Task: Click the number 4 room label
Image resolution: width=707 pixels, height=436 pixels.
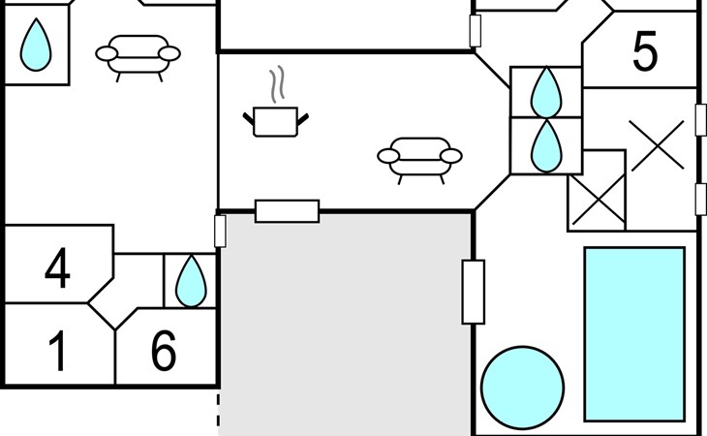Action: pyautogui.click(x=58, y=267)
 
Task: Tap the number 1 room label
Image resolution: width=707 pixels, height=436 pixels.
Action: pyautogui.click(x=58, y=351)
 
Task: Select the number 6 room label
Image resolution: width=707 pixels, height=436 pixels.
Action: pyautogui.click(x=164, y=351)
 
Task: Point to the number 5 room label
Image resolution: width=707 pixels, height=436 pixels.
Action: pyautogui.click(x=645, y=51)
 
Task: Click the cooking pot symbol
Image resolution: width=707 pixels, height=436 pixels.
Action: pyautogui.click(x=275, y=121)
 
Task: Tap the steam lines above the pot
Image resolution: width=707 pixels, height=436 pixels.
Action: pyautogui.click(x=278, y=84)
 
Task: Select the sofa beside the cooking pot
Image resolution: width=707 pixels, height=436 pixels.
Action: pyautogui.click(x=419, y=160)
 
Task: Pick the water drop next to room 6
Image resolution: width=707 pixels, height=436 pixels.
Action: pyautogui.click(x=191, y=281)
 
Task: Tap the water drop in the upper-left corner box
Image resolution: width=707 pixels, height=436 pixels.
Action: pyautogui.click(x=36, y=45)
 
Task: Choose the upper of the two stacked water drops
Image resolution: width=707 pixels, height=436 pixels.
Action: pyautogui.click(x=546, y=92)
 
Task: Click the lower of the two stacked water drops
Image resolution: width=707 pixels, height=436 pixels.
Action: pyautogui.click(x=546, y=146)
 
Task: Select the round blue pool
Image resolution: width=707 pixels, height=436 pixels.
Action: pyautogui.click(x=522, y=388)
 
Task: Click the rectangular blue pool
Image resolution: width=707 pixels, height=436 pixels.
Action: pyautogui.click(x=635, y=334)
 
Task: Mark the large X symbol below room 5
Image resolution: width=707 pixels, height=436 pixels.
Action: pyautogui.click(x=657, y=145)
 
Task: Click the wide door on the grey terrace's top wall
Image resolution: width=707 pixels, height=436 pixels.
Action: pyautogui.click(x=288, y=211)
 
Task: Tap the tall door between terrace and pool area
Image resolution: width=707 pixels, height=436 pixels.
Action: pyautogui.click(x=474, y=293)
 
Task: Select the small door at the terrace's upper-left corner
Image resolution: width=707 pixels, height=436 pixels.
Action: pyautogui.click(x=220, y=232)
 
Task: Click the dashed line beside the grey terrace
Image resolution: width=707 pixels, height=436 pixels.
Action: pyautogui.click(x=218, y=410)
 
